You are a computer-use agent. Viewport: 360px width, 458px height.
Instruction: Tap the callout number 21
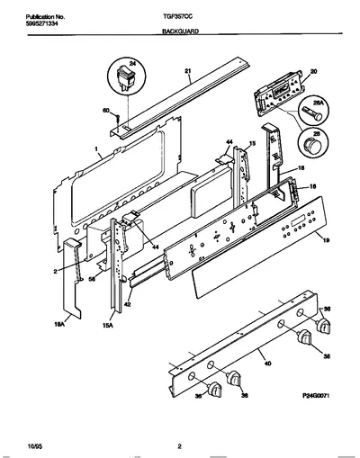187,71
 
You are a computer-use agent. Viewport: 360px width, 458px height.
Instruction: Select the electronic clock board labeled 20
279,94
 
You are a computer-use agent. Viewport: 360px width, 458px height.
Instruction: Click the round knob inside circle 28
312,147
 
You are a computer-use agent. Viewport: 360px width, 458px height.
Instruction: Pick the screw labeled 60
118,119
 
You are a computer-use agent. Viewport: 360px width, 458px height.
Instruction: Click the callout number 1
96,148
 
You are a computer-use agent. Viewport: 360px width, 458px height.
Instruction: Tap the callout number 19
327,239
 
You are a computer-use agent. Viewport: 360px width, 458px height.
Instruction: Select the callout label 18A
60,324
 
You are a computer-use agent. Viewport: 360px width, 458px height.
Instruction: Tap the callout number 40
267,364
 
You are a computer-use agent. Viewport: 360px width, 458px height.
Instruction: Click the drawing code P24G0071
316,396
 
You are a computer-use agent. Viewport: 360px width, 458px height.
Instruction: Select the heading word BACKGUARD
180,31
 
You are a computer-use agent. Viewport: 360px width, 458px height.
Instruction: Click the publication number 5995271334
40,22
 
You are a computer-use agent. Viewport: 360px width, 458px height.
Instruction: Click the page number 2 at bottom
179,446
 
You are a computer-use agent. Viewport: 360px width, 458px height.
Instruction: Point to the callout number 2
55,272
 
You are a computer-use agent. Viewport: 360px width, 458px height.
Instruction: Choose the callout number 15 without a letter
252,144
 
